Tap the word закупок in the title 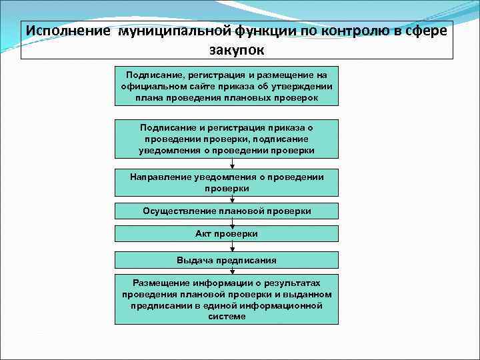[237, 49]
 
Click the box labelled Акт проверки [227, 234]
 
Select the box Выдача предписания [227, 260]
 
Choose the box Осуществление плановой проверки [227, 211]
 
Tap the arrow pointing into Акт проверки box [227, 223]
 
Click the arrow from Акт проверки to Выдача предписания [227, 247]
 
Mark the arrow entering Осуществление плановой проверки [227, 200]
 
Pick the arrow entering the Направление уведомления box [227, 164]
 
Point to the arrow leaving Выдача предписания [227, 271]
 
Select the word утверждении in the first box [303, 87]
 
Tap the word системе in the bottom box [227, 317]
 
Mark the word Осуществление [177, 211]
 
